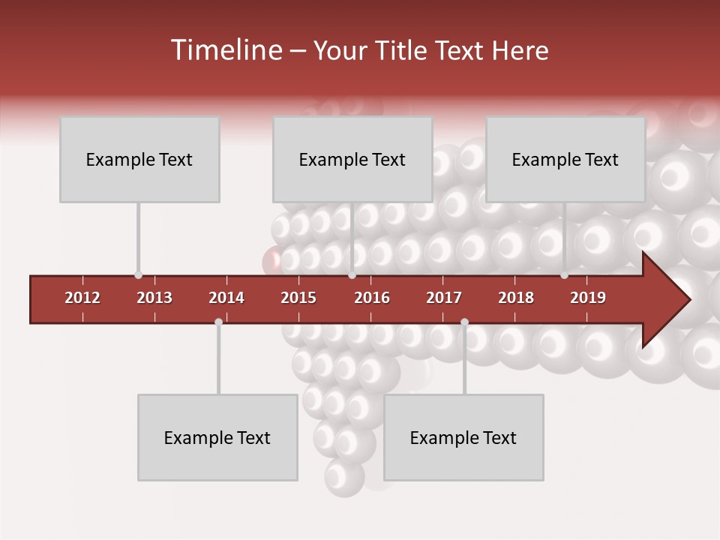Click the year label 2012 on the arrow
click(x=82, y=298)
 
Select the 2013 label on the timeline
click(x=154, y=298)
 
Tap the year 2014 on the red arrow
click(x=226, y=298)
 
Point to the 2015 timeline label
click(x=298, y=298)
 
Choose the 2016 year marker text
click(x=372, y=298)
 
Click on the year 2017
click(x=444, y=298)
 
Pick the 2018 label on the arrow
click(x=516, y=298)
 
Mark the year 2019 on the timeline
click(x=588, y=298)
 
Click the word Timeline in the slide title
click(x=225, y=50)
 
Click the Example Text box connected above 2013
click(x=139, y=159)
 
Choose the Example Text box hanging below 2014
click(x=217, y=437)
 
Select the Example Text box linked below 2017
click(x=463, y=437)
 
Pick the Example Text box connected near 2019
click(x=565, y=159)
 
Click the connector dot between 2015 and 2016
click(x=352, y=275)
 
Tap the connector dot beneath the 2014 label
click(x=218, y=322)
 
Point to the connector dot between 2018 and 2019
click(x=565, y=275)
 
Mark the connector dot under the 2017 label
click(x=464, y=322)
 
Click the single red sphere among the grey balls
click(x=271, y=262)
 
